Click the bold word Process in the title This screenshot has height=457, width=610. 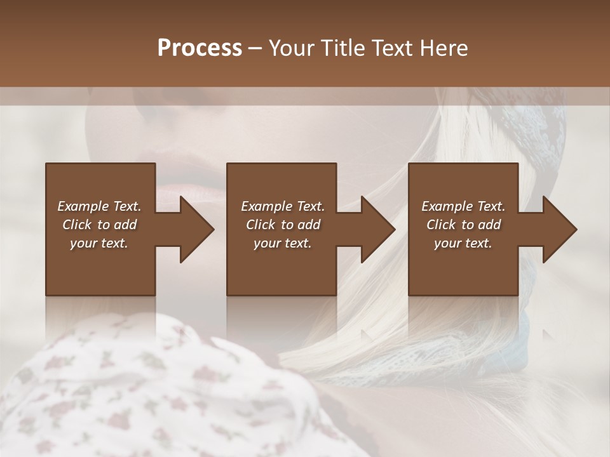tap(200, 48)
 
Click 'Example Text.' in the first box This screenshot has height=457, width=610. tap(100, 206)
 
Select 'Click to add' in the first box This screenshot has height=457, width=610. tap(100, 225)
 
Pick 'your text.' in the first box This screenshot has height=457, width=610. tap(100, 243)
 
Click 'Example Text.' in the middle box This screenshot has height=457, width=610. tap(283, 206)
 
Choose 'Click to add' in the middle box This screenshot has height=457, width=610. tap(283, 225)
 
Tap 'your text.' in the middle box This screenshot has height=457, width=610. tap(283, 243)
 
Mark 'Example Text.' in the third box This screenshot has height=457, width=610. tap(463, 206)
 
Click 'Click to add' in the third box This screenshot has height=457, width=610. tap(463, 225)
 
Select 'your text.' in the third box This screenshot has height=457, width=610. tap(463, 243)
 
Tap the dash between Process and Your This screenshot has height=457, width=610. tap(255, 49)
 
